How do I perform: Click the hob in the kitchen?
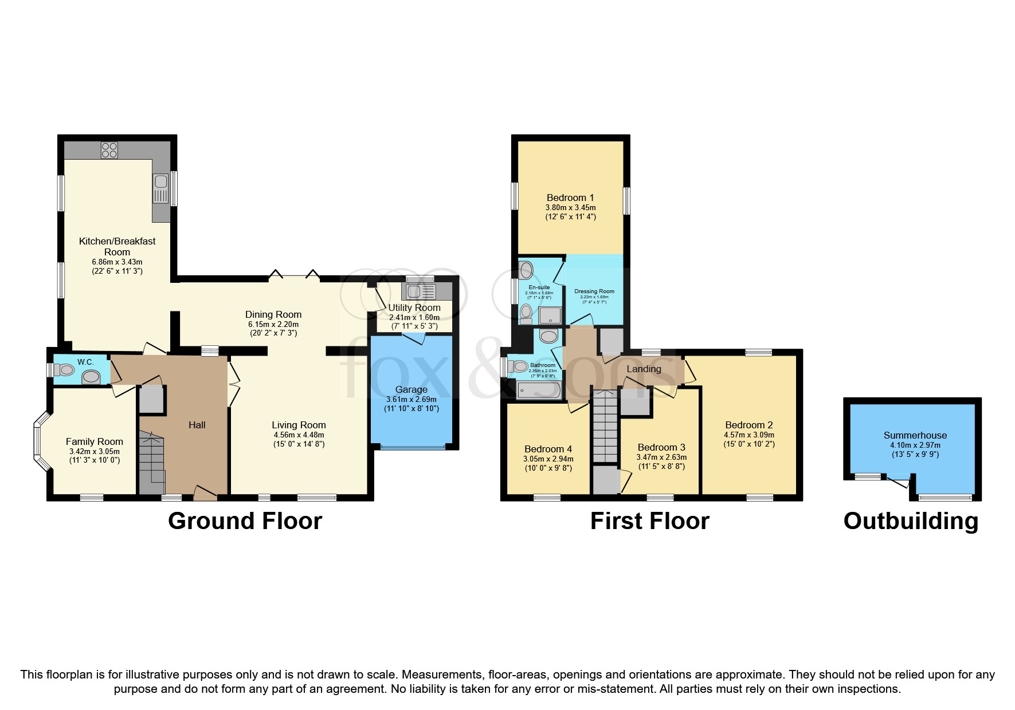pos(109,150)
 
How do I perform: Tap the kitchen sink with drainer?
pos(161,189)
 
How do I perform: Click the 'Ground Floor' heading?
pos(245,521)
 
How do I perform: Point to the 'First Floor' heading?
pos(649,521)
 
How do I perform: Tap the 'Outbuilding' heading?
pos(911,521)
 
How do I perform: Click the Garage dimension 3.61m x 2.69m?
pos(411,400)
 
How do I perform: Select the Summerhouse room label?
pos(915,435)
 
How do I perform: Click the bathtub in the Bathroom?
pos(539,391)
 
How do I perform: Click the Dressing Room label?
pos(594,291)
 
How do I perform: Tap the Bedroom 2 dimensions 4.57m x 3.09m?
pos(748,435)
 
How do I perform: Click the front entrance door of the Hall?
pos(205,492)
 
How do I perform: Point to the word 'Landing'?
pos(644,369)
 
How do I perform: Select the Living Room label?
pos(299,425)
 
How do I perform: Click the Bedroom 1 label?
pos(570,198)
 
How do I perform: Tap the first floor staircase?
pos(605,427)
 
